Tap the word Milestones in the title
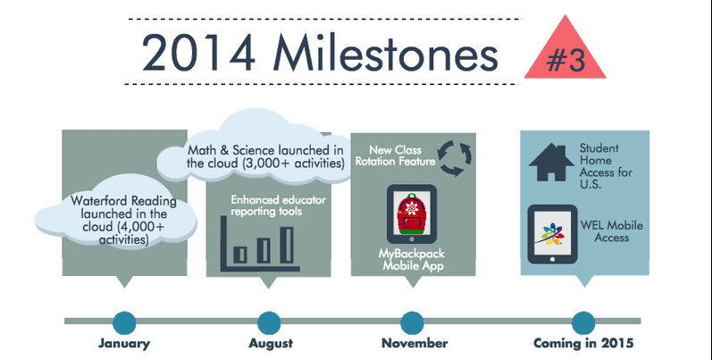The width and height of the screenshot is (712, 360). coord(386,52)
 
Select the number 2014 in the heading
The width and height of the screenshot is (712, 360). coord(198,53)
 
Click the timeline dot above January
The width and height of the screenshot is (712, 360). coord(124,322)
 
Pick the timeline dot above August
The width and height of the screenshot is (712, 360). coord(269,322)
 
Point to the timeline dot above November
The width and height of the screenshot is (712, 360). coord(412,322)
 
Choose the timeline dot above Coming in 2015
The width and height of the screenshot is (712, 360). coord(583,322)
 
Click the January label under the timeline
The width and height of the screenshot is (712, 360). coord(124,343)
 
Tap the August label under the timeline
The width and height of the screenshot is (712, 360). coord(271,344)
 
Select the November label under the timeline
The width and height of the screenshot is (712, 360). coord(415,343)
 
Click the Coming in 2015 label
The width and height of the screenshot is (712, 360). coord(583,343)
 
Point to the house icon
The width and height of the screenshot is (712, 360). coord(551,163)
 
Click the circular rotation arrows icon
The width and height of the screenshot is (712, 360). coord(455,158)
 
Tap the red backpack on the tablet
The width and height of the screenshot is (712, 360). coord(412,213)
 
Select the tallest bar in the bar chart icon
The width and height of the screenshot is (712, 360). coord(287,245)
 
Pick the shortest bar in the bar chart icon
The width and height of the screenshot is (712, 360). coord(240,255)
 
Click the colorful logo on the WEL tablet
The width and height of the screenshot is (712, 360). coord(552,234)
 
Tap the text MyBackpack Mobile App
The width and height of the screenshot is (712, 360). coord(413,260)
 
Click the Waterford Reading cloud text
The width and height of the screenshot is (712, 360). coord(123,220)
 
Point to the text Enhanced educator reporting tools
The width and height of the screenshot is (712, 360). coord(278,205)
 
